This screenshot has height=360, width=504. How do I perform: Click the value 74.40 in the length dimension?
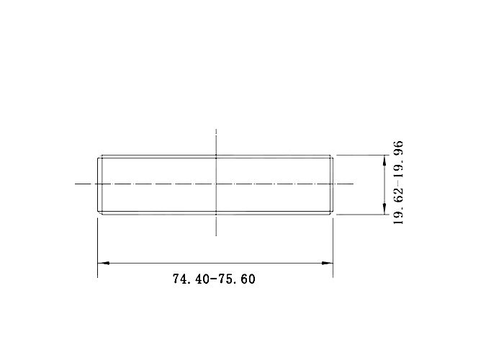tap(192, 279)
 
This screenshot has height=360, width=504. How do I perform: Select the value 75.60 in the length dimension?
tap(237, 279)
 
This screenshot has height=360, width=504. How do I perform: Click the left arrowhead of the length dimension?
tap(103, 263)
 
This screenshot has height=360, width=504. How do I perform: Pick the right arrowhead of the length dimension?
tap(327, 263)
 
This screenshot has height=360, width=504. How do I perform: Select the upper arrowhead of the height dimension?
tap(384, 161)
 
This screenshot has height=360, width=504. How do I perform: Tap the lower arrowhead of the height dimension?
tap(384, 209)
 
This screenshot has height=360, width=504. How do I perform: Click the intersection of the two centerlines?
tap(216, 184)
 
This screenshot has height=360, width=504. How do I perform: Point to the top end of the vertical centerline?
tap(216, 129)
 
